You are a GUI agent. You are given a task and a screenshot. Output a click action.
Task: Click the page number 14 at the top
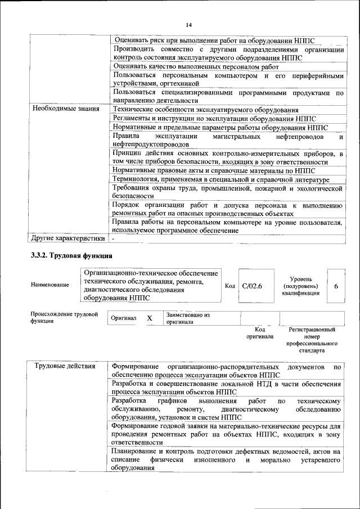click(x=188, y=25)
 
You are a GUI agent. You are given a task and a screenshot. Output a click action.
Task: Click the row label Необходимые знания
click(x=66, y=109)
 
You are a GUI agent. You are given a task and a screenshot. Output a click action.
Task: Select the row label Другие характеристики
click(x=68, y=238)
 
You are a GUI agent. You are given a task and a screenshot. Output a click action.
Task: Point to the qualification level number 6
click(x=336, y=286)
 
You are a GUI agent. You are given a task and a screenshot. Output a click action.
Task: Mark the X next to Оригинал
click(x=150, y=318)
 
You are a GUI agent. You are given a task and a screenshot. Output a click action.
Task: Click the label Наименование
click(x=50, y=285)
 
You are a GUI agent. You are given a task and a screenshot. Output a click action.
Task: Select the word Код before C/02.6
click(x=229, y=286)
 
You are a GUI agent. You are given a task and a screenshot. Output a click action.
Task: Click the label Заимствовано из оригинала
click(x=188, y=319)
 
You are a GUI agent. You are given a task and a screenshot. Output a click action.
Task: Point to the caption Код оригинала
click(x=259, y=333)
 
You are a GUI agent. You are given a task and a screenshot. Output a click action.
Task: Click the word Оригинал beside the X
click(x=124, y=318)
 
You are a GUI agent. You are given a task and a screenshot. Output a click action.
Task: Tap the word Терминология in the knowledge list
click(x=137, y=179)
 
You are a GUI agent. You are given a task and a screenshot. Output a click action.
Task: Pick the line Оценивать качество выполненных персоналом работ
click(x=196, y=66)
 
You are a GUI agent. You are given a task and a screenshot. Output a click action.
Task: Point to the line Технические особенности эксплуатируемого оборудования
click(x=205, y=109)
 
